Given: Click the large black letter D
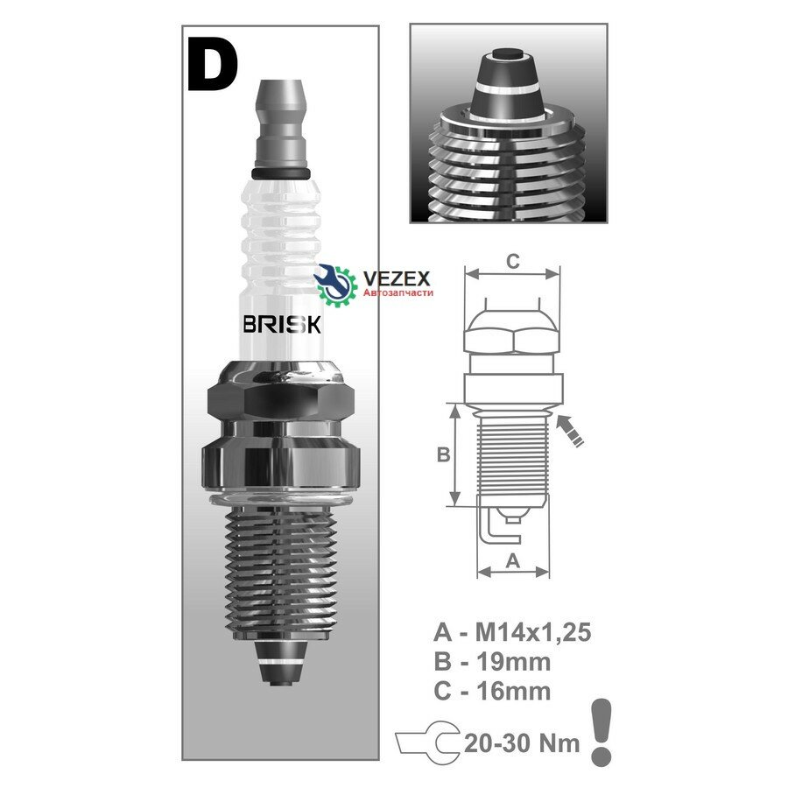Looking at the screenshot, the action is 213,66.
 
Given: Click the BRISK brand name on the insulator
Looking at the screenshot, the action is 282,325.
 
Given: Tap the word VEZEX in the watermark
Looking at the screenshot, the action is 396,279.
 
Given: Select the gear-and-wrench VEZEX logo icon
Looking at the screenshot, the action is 335,285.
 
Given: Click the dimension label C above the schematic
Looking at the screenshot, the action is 512,261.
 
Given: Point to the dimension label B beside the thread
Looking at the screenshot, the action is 443,454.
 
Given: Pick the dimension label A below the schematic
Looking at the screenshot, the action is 512,560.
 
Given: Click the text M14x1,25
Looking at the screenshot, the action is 533,632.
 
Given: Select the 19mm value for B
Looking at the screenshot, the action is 513,662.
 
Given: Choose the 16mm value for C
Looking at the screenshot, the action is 513,692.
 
